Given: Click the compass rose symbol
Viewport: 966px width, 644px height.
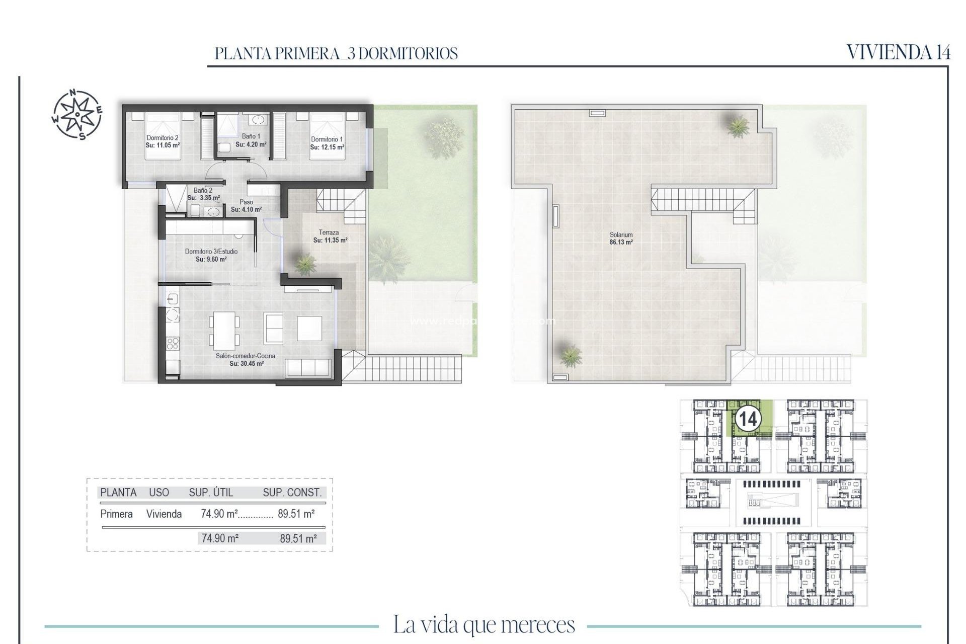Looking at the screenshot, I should click(x=77, y=114).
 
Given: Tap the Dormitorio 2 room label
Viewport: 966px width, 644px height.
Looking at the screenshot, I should click(x=162, y=138).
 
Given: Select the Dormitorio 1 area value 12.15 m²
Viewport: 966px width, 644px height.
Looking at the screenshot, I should click(x=327, y=147).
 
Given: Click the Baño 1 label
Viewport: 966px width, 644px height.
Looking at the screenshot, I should click(x=251, y=136).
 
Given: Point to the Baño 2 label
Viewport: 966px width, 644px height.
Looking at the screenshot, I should click(x=203, y=191).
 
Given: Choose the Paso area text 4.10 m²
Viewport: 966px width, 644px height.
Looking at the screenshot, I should click(x=246, y=210).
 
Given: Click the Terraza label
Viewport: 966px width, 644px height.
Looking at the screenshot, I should click(x=329, y=232).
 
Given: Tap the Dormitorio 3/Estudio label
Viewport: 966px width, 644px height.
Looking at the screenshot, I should click(x=211, y=252).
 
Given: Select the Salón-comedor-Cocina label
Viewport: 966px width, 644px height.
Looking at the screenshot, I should click(x=246, y=356).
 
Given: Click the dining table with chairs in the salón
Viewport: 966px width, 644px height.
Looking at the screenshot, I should click(x=224, y=331).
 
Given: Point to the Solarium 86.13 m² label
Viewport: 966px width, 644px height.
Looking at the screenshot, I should click(x=621, y=238).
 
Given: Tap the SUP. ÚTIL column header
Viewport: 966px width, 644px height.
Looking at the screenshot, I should click(x=211, y=493).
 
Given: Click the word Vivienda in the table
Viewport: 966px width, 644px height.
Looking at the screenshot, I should click(x=164, y=514).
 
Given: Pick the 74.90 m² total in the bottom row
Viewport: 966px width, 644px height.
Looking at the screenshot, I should click(x=219, y=538).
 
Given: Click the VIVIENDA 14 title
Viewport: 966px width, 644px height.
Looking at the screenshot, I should click(x=898, y=52).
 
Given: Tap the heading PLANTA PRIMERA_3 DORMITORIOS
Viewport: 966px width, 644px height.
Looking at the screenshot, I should click(x=336, y=53).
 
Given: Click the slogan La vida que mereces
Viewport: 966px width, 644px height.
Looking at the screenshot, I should click(x=484, y=625).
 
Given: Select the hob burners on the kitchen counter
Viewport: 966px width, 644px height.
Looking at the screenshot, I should click(x=173, y=344).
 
